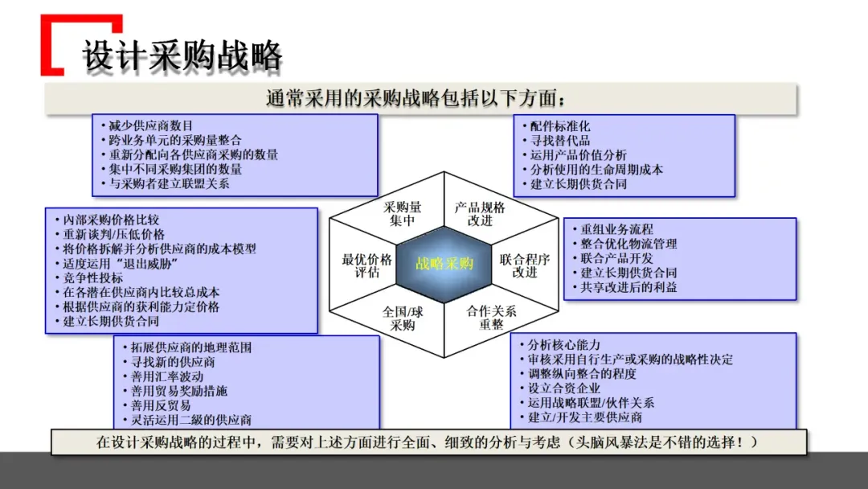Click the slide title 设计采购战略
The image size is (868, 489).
point(182,56)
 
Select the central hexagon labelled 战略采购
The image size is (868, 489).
point(444,264)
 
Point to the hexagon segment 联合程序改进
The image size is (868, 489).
point(524,265)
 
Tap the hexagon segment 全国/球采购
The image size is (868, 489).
point(403,318)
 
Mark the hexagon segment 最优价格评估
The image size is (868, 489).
point(366,265)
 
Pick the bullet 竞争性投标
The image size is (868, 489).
point(93,278)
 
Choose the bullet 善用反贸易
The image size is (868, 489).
point(161,405)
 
